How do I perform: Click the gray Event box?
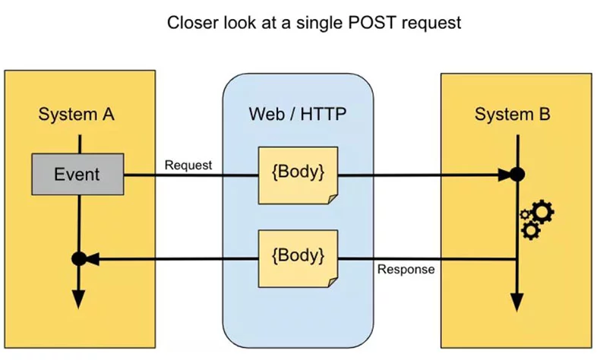(77, 174)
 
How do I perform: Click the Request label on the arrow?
(188, 165)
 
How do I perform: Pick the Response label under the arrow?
(406, 269)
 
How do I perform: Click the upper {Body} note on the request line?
(298, 175)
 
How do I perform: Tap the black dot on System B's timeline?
(517, 175)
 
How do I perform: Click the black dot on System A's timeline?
(78, 259)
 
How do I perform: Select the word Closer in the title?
(192, 23)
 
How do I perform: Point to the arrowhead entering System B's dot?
(504, 175)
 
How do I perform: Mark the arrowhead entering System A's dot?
(92, 259)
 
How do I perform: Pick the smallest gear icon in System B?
(525, 215)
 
